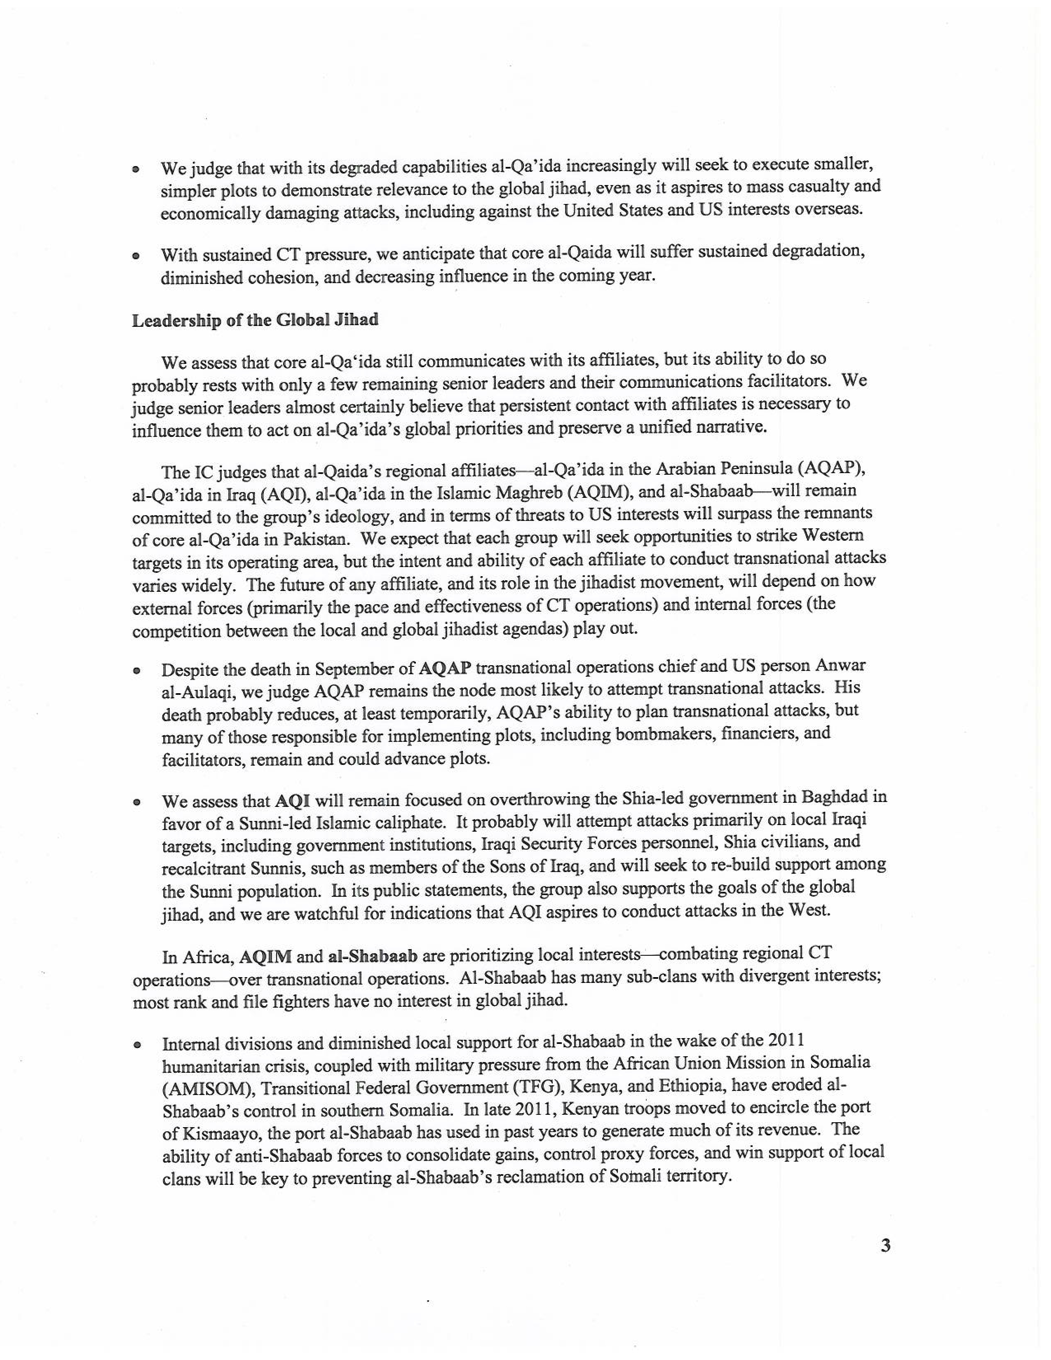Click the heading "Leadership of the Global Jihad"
255,320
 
